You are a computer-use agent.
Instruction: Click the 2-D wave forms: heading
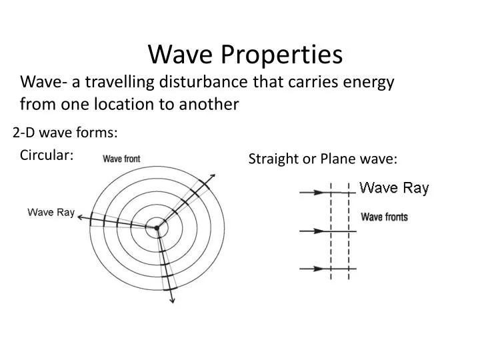point(65,133)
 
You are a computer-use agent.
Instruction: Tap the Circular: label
point(47,155)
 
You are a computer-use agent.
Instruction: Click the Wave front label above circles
point(121,159)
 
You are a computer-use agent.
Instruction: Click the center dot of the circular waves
point(157,227)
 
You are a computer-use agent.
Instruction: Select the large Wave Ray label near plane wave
point(394,188)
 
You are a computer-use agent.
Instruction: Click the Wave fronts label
point(384,217)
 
